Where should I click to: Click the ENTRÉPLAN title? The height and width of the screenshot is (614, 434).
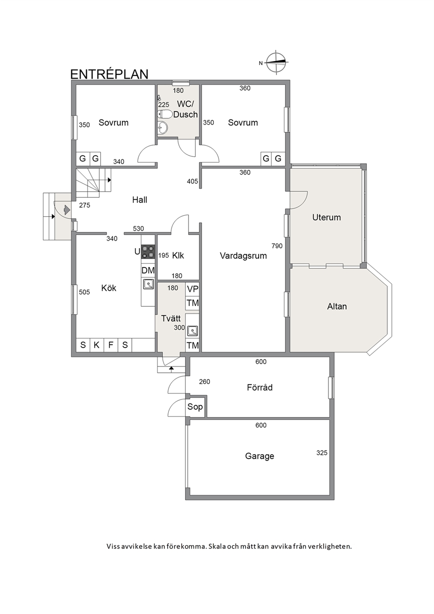click(x=109, y=74)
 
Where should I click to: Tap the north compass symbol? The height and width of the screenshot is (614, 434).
click(x=276, y=62)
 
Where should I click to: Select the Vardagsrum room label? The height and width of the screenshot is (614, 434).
click(x=243, y=256)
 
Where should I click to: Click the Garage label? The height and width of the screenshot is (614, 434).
click(x=259, y=456)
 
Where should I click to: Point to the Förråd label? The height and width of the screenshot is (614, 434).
click(x=260, y=387)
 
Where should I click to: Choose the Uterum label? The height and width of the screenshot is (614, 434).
click(x=327, y=218)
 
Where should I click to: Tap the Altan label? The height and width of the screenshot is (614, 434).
click(x=337, y=306)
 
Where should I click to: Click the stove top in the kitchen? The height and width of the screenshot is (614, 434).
click(x=148, y=252)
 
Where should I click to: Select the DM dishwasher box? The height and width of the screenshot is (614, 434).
click(x=148, y=270)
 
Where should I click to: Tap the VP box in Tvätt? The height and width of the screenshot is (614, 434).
click(x=192, y=289)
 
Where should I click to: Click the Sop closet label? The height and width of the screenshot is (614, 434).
click(x=195, y=407)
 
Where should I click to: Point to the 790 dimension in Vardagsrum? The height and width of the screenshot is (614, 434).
click(x=277, y=246)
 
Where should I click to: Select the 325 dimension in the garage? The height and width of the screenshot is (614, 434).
click(x=322, y=453)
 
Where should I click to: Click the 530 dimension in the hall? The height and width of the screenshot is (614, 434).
click(x=138, y=228)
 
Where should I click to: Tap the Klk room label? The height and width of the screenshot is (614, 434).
click(x=178, y=256)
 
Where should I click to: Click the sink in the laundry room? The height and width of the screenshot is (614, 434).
click(x=192, y=331)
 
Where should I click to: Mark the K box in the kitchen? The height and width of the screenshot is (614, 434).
click(x=96, y=345)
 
